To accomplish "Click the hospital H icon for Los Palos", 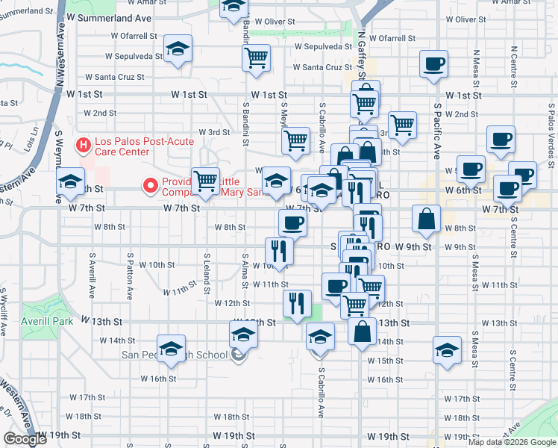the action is (x=84, y=143).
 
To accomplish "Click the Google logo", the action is (x=25, y=439).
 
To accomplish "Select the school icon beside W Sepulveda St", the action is (x=178, y=50).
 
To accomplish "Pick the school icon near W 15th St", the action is (x=447, y=350).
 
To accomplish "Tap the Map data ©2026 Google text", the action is (x=512, y=441).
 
